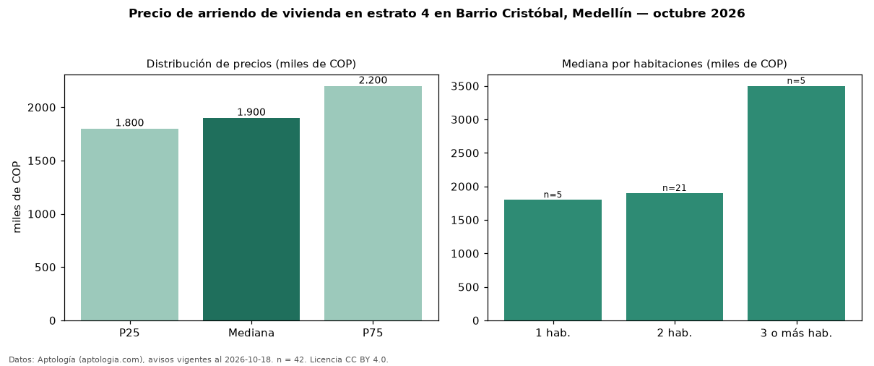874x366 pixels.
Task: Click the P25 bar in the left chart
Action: pyautogui.click(x=129, y=225)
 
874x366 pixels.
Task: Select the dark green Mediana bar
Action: pyautogui.click(x=251, y=219)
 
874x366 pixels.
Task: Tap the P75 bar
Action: pyautogui.click(x=373, y=203)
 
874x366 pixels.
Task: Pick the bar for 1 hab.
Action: pyautogui.click(x=553, y=260)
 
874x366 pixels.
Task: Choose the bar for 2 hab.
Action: pyautogui.click(x=675, y=257)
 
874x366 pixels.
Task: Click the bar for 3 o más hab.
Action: pyautogui.click(x=797, y=203)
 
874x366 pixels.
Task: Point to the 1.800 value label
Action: pyautogui.click(x=129, y=123)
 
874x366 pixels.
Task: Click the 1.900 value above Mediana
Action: pyautogui.click(x=251, y=113)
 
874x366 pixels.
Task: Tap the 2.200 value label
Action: pyautogui.click(x=373, y=80)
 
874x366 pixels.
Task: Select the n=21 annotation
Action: pyautogui.click(x=675, y=188)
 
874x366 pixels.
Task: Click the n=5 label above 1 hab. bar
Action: pyautogui.click(x=553, y=195)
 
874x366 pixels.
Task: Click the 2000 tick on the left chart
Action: pyautogui.click(x=42, y=108)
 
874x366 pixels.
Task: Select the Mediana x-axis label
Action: pyautogui.click(x=251, y=333)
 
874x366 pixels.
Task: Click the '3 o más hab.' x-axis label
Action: pyautogui.click(x=797, y=333)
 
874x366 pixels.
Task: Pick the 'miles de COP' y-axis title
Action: pyautogui.click(x=17, y=197)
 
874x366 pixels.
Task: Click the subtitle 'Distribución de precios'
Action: pyautogui.click(x=209, y=64)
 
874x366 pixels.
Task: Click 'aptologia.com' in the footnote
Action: pyautogui.click(x=112, y=359)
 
